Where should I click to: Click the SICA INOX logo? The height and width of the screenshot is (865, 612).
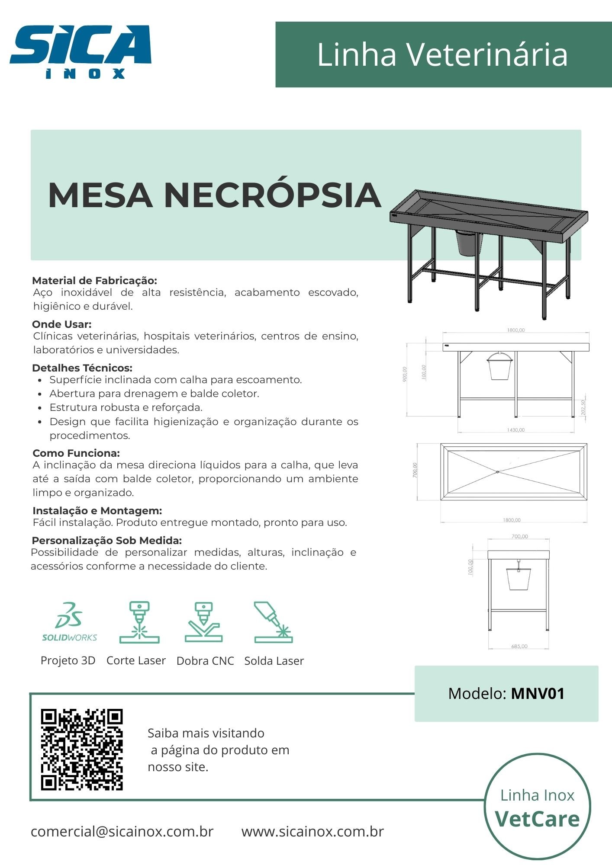click(x=81, y=51)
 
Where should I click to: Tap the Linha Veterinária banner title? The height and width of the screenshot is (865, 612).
click(x=442, y=55)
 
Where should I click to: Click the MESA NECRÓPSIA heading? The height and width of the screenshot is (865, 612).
click(x=214, y=195)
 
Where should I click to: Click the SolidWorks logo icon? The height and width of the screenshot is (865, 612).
click(x=69, y=621)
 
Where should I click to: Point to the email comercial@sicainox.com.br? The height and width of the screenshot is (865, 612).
click(x=122, y=831)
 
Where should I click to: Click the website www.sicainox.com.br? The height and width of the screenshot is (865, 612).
click(x=312, y=831)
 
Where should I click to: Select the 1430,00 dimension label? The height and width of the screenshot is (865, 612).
click(x=515, y=430)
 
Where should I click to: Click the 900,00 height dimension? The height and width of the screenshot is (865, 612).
click(x=405, y=374)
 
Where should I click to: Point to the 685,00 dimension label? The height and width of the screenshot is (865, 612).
click(x=519, y=646)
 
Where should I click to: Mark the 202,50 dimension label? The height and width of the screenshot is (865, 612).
click(x=583, y=407)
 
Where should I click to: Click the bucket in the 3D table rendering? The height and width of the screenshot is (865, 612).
click(x=469, y=244)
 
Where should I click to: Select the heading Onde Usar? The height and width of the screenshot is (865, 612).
click(x=62, y=324)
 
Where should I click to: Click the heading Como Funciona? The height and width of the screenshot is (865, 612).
click(x=76, y=453)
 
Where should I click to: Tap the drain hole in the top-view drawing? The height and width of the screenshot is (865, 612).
click(x=498, y=471)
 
